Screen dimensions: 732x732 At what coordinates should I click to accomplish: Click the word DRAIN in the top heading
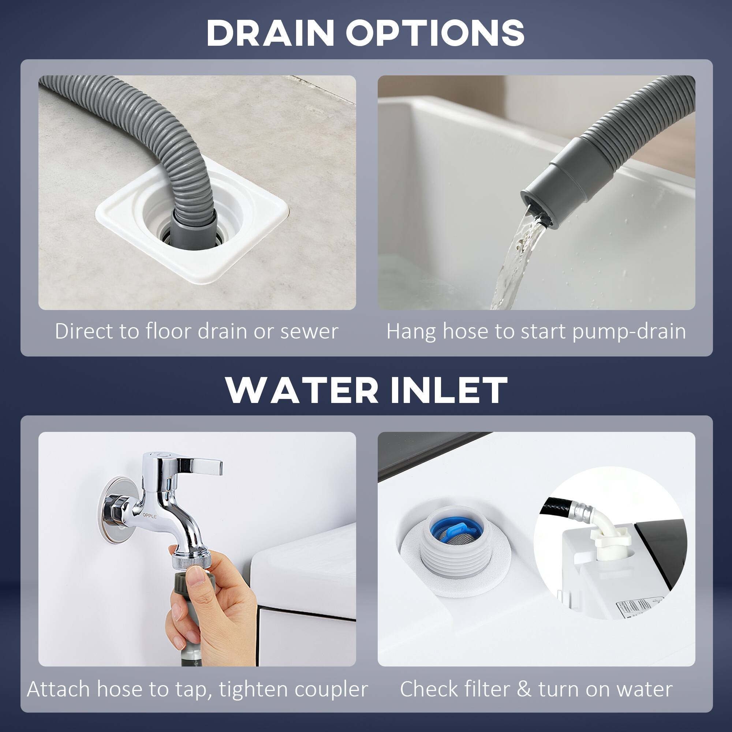[270, 33]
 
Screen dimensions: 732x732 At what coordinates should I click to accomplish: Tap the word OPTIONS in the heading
[434, 33]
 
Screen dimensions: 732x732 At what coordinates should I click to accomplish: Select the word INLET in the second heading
[449, 390]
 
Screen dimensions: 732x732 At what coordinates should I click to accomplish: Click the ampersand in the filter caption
[524, 689]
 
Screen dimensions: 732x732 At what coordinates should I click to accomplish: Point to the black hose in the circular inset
[557, 509]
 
